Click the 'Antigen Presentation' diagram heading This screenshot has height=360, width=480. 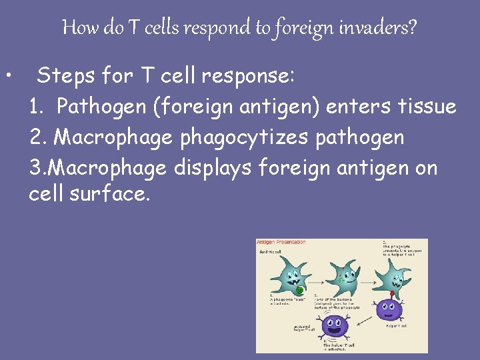click(x=281, y=243)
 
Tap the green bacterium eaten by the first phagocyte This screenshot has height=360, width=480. click(x=300, y=289)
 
